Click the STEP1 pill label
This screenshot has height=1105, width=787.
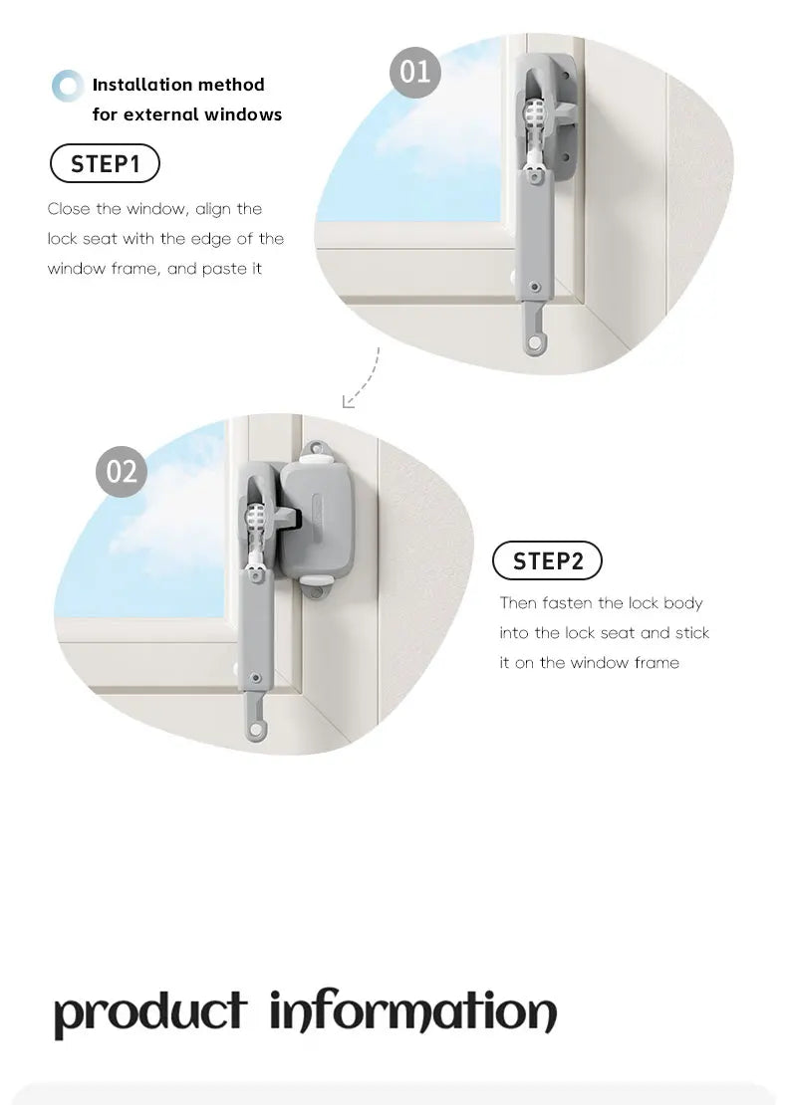[x=105, y=163]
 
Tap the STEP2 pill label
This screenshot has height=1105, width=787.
[x=547, y=561]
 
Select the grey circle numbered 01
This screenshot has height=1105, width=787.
[x=414, y=72]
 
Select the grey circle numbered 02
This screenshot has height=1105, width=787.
[x=122, y=470]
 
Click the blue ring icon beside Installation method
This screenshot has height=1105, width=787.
[x=68, y=87]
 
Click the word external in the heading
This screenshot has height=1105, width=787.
[x=162, y=114]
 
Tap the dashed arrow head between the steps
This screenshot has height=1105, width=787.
[x=347, y=402]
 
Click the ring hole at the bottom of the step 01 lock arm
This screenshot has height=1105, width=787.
[x=536, y=342]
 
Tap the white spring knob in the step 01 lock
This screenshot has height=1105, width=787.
[x=536, y=123]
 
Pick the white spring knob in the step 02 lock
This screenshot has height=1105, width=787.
[x=257, y=521]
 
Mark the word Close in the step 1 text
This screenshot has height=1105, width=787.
[x=69, y=209]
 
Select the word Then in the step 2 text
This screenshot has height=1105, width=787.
[x=517, y=603]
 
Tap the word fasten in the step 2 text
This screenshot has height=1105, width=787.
[x=569, y=603]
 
